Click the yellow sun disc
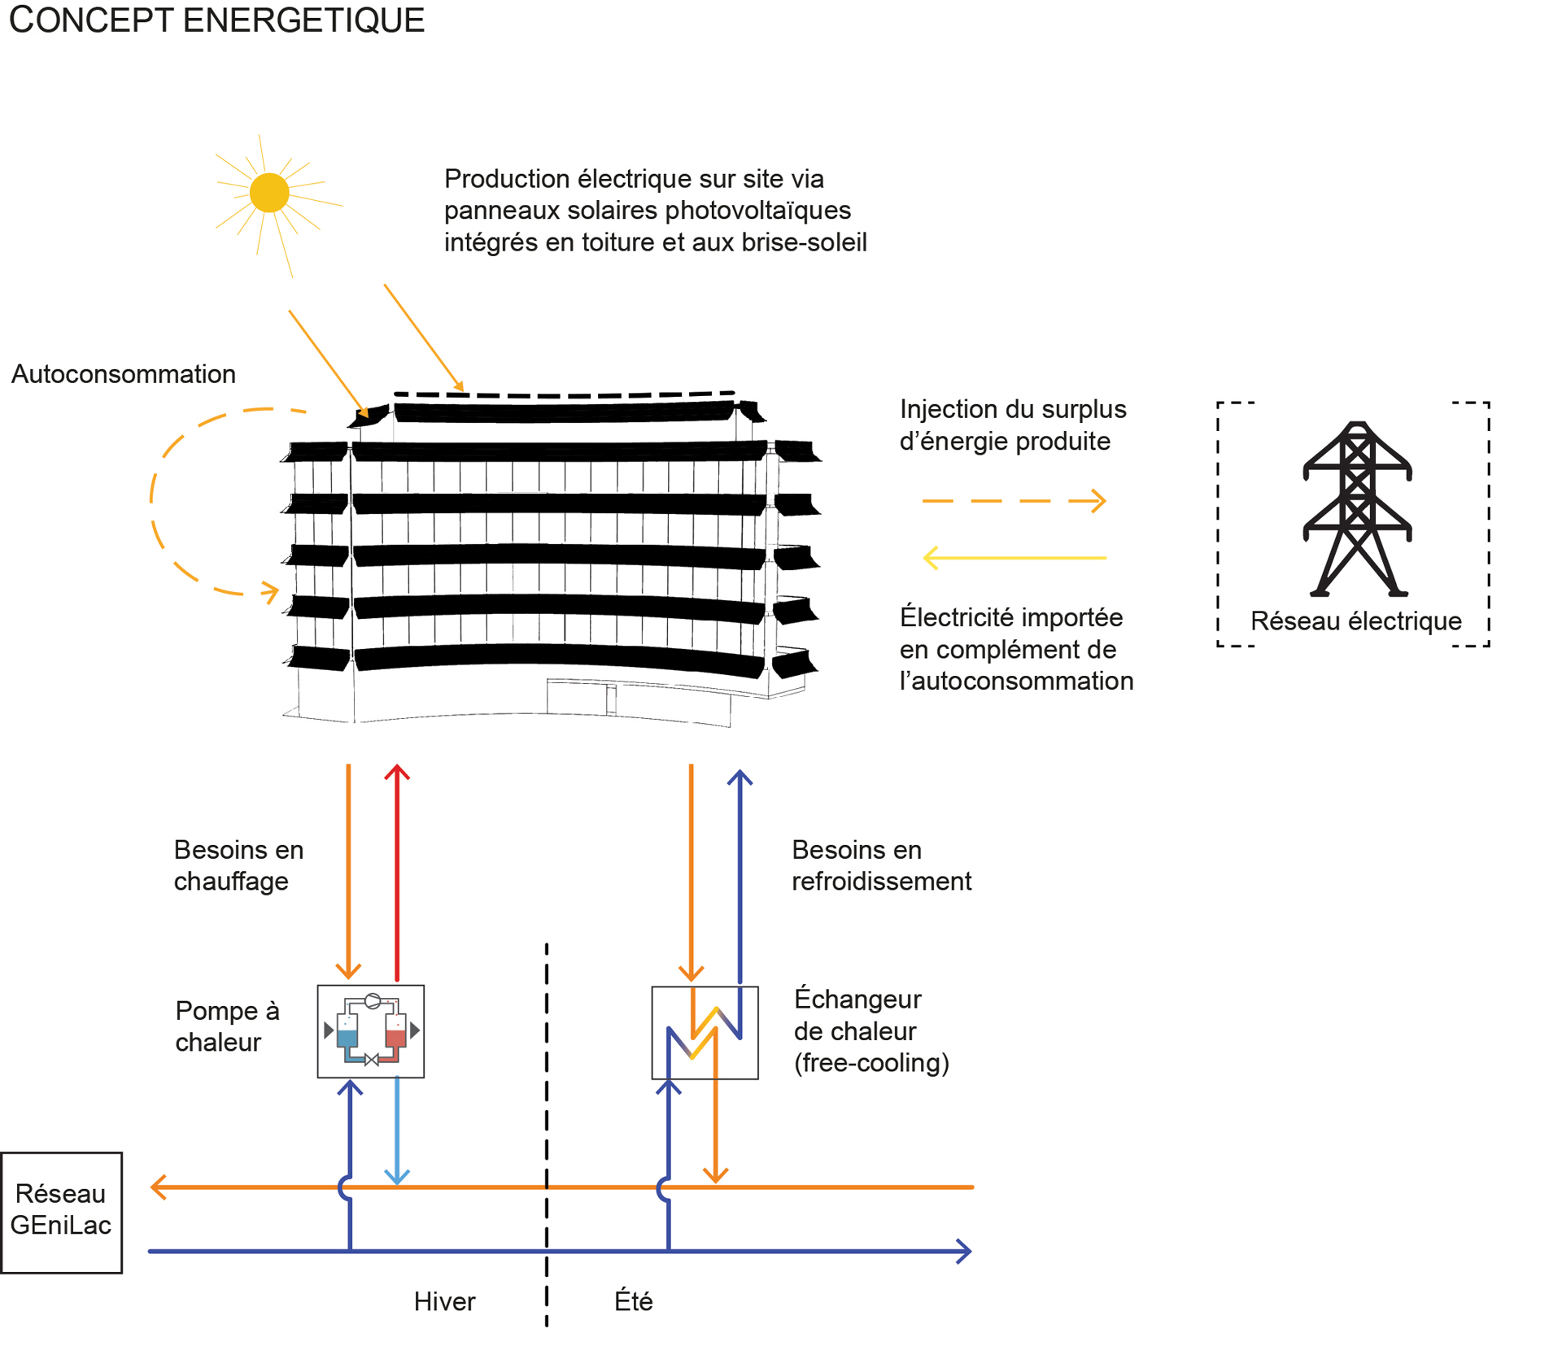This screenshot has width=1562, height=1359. click(269, 193)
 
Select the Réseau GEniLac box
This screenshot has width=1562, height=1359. click(61, 1212)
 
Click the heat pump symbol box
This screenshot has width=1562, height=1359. click(370, 1031)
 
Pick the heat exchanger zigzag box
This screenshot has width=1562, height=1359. click(705, 1033)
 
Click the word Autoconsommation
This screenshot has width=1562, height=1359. click(124, 374)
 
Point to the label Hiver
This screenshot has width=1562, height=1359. click(444, 1302)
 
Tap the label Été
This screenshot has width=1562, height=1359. click(633, 1302)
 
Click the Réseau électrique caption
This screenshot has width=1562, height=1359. click(1355, 621)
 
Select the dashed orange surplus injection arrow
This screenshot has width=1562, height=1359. click(1014, 501)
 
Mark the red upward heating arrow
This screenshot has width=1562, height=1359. click(397, 870)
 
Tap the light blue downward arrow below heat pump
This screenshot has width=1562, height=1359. click(397, 1130)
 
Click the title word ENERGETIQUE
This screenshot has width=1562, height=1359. click(303, 20)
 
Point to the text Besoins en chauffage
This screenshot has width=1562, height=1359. click(238, 865)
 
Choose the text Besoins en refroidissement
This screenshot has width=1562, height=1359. click(881, 865)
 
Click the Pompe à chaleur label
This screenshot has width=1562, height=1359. click(227, 1026)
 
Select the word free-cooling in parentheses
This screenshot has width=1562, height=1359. click(871, 1063)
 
